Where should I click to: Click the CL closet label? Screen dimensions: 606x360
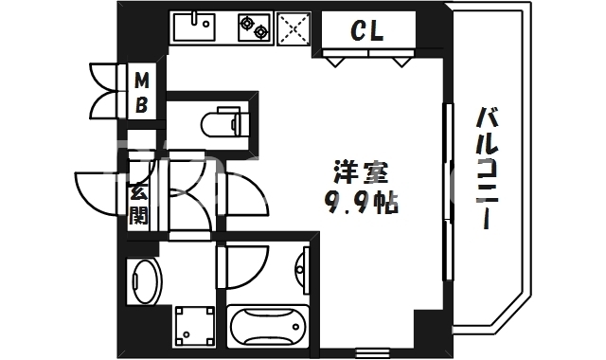(x=367, y=32)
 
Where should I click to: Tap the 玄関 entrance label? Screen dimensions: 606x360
(x=138, y=203)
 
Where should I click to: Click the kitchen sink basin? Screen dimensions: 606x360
(x=197, y=28)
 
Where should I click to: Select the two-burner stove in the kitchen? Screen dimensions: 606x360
(x=254, y=27)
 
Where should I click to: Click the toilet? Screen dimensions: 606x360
(x=222, y=122)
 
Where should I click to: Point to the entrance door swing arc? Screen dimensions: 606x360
(x=97, y=194)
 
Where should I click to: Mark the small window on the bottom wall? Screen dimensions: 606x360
(x=370, y=353)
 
